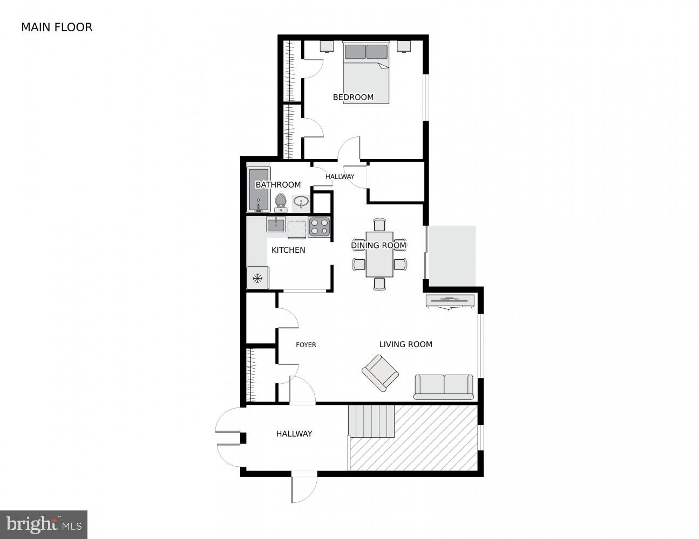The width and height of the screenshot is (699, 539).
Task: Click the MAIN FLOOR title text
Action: point(57,27)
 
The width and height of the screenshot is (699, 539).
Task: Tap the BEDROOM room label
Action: point(353,97)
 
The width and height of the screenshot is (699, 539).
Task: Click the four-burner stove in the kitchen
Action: point(319,226)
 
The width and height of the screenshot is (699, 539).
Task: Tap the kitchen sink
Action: point(276,225)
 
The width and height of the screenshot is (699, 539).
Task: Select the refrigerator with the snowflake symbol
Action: point(257,278)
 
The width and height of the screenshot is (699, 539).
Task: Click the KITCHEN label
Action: point(288,250)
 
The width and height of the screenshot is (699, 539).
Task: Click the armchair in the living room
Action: point(380,372)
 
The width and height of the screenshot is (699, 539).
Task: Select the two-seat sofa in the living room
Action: point(444,386)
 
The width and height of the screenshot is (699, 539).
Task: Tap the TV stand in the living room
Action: point(450,301)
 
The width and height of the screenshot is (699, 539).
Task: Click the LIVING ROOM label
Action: point(405,344)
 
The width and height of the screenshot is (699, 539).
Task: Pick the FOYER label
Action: point(306,345)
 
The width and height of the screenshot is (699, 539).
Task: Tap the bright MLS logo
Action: point(44,524)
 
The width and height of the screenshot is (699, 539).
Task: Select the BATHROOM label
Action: point(278,185)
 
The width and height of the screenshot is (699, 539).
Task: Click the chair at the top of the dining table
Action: point(379,224)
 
